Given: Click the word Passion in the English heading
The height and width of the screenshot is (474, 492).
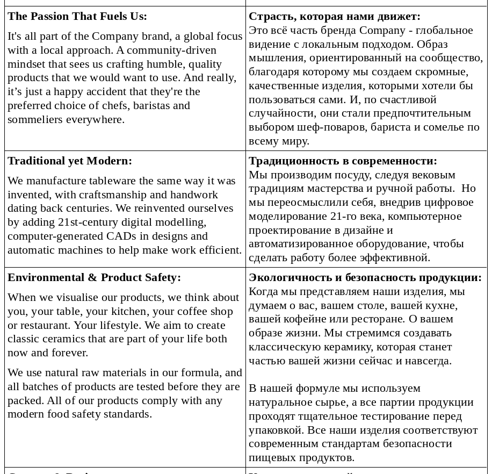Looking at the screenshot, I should (49, 16).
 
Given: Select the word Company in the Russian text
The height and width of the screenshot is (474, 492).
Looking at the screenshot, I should (382, 30).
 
